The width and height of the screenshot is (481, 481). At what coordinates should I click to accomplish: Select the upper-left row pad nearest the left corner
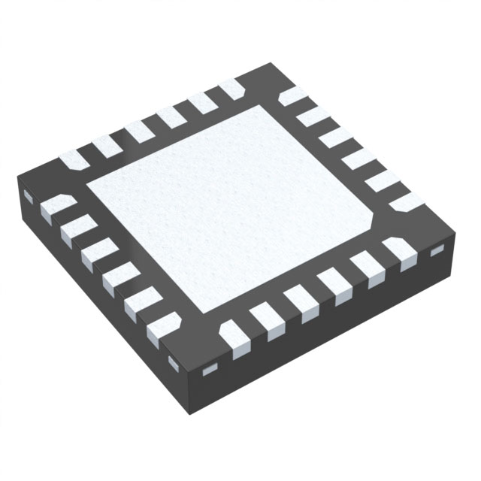pos(77,158)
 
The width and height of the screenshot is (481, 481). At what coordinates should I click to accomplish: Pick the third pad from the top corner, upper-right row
pos(335,138)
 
